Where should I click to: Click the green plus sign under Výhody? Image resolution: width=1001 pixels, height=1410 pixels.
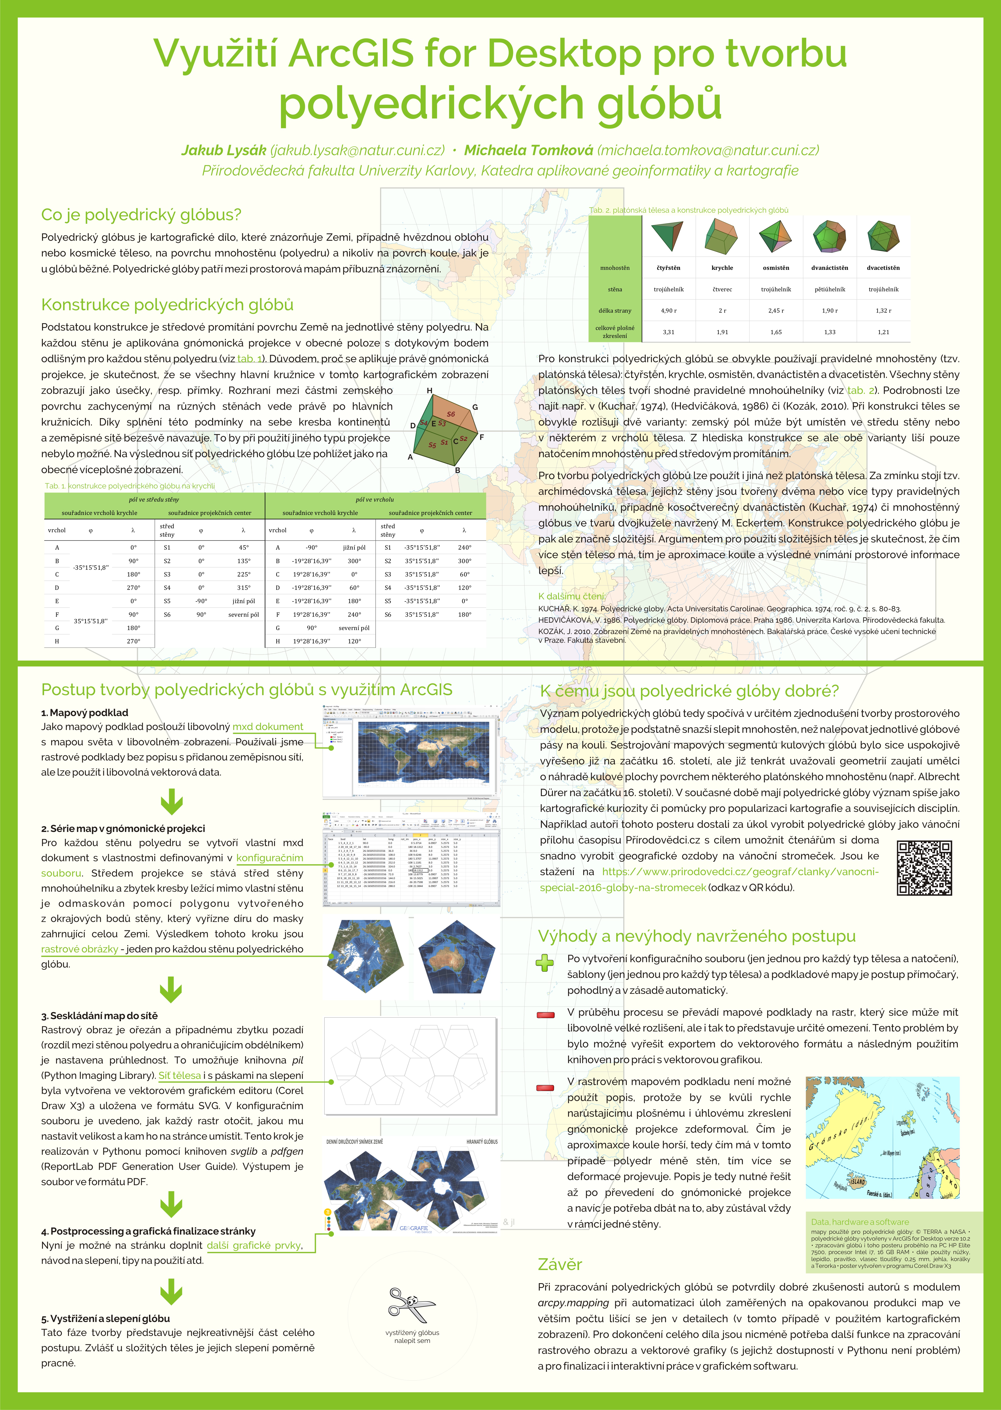coord(544,963)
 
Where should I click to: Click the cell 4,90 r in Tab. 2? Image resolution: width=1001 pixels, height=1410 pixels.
coord(668,311)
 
